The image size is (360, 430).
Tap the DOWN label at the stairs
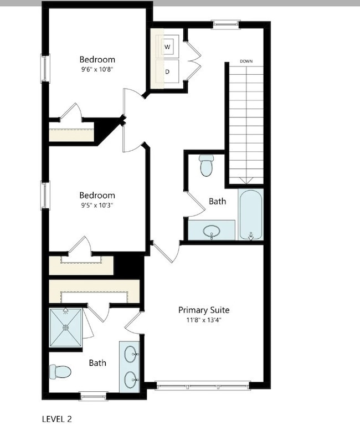(246, 61)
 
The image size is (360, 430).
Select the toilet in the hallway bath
(207, 165)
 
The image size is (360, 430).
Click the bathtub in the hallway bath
(251, 214)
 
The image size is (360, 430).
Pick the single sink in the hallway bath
(211, 231)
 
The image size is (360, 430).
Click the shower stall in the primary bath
(66, 327)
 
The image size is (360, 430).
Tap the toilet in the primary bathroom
(60, 371)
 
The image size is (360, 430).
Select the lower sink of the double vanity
(131, 380)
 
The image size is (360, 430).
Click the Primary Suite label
(203, 310)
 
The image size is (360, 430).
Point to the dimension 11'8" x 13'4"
(203, 320)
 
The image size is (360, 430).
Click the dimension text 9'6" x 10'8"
(97, 69)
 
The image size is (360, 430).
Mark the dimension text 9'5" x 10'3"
(97, 205)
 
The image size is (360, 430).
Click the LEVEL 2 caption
(57, 418)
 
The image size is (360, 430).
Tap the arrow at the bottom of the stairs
(246, 181)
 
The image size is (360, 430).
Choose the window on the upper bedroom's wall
(45, 68)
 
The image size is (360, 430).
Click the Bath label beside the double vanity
(97, 363)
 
